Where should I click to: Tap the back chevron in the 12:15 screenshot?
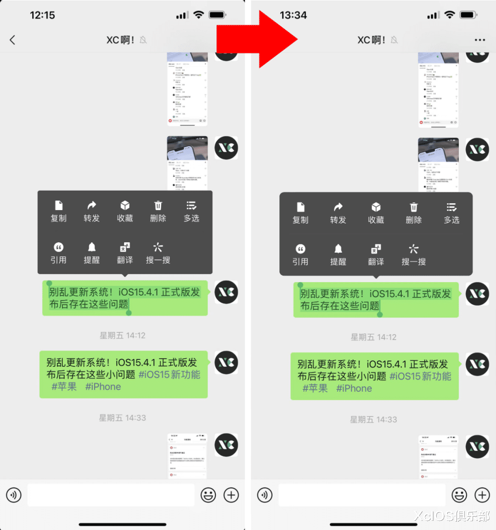click(12, 40)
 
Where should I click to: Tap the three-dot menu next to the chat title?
click(479, 40)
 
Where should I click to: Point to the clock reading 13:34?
click(293, 15)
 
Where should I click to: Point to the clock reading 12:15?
click(42, 15)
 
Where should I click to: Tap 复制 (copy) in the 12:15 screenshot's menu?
click(58, 211)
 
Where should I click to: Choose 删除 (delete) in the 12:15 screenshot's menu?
click(158, 211)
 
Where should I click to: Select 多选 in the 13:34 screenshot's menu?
click(451, 213)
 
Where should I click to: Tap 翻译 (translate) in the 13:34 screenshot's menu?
click(376, 255)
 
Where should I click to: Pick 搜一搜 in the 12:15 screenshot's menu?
click(158, 253)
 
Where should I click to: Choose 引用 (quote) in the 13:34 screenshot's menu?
click(300, 255)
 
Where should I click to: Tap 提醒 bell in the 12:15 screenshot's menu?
click(91, 253)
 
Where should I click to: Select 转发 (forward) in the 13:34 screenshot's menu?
click(338, 213)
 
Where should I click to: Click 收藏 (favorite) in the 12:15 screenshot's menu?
click(125, 211)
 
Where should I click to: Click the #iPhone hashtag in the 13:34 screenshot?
click(354, 388)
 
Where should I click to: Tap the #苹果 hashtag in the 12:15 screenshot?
click(64, 387)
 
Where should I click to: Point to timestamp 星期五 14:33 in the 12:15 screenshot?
click(123, 418)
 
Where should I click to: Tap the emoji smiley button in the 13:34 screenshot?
click(459, 495)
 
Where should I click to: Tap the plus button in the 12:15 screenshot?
click(231, 495)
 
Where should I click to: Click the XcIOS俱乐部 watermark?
click(452, 516)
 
